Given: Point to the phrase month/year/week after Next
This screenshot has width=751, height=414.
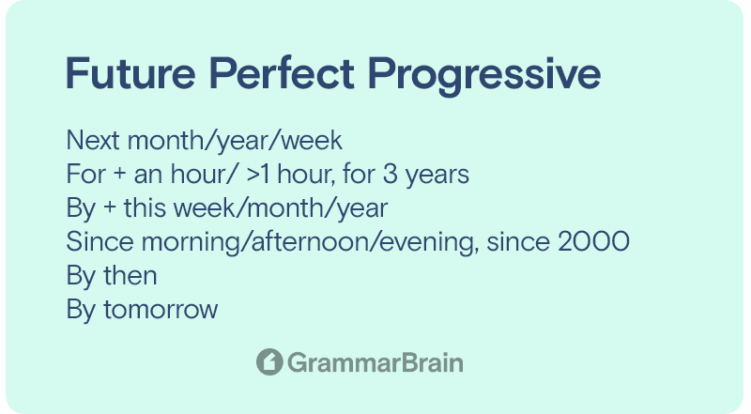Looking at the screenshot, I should coord(236,142).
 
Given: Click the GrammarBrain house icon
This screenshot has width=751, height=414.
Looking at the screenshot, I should coord(269,362).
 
